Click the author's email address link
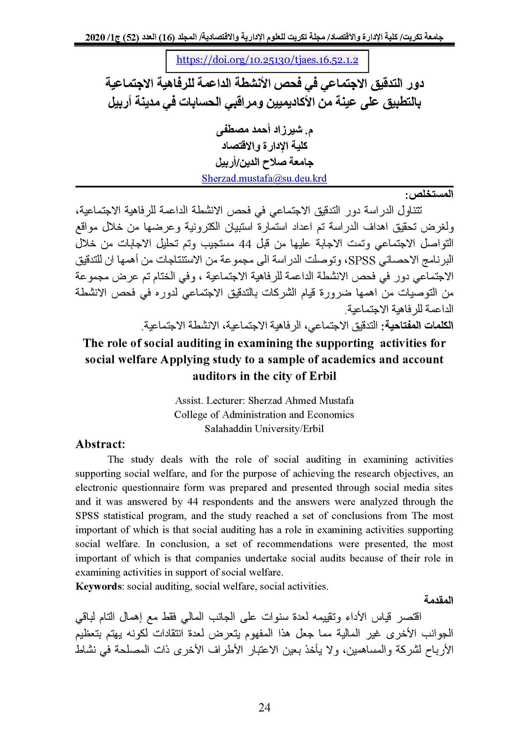(x=264, y=178)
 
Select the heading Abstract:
(x=100, y=444)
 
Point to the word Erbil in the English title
(x=322, y=376)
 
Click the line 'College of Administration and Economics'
(x=264, y=414)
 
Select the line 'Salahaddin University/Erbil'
(x=264, y=429)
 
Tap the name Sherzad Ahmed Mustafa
(x=301, y=401)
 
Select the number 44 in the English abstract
(x=192, y=501)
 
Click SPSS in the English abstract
(x=86, y=516)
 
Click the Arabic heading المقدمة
(x=439, y=600)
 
